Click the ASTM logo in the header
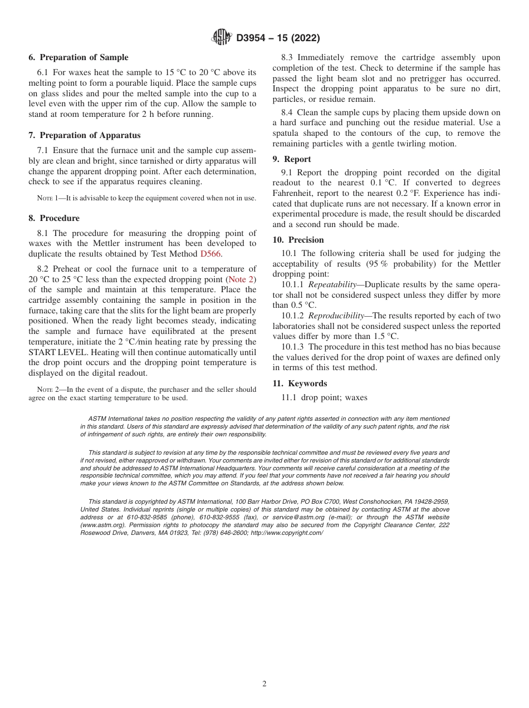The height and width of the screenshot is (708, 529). tap(222, 38)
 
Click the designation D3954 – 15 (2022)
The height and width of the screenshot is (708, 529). tap(278, 38)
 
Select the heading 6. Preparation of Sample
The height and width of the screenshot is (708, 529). tap(79, 57)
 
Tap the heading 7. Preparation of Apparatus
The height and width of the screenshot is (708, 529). tap(85, 135)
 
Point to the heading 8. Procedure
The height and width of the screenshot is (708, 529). tap(54, 218)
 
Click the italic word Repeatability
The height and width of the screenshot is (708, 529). tap(332, 284)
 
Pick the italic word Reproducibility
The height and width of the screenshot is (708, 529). tap(336, 316)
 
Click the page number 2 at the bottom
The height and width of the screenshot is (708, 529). tap(264, 684)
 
